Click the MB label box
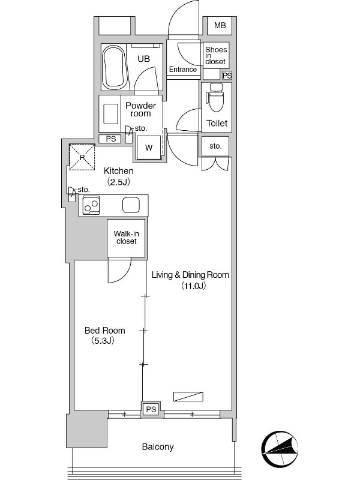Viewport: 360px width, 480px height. click(x=220, y=25)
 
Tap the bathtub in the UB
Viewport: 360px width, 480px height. click(x=115, y=67)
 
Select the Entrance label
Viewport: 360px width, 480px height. click(x=183, y=70)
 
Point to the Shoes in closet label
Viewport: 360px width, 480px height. click(x=216, y=55)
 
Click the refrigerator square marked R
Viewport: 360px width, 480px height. click(x=82, y=157)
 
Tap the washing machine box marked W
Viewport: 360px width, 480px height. click(x=149, y=148)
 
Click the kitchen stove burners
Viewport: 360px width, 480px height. click(x=91, y=205)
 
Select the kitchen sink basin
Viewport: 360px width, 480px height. click(x=131, y=205)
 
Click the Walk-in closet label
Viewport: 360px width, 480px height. click(x=127, y=238)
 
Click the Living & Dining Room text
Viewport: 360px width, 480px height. click(x=190, y=275)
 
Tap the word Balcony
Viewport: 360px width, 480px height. click(x=158, y=447)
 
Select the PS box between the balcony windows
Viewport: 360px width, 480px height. click(x=151, y=409)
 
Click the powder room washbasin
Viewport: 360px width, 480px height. click(x=111, y=114)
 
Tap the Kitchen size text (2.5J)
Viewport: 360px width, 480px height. click(x=118, y=182)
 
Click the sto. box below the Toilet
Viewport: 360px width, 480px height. click(x=215, y=146)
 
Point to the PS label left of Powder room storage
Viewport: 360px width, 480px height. click(x=111, y=139)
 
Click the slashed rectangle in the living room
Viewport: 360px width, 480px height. click(x=188, y=397)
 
